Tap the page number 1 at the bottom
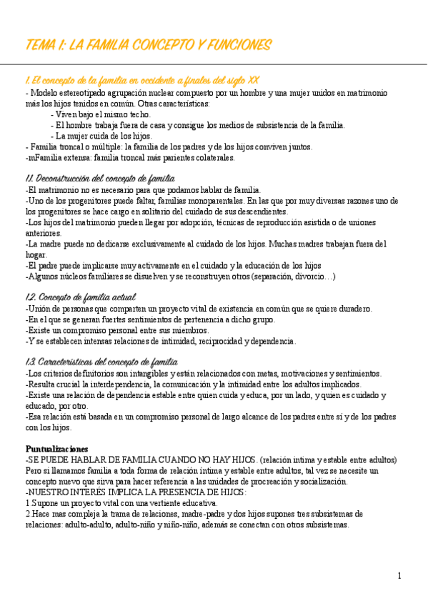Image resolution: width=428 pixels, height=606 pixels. coord(399,575)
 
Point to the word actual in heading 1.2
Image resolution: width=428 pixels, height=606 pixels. coord(122,297)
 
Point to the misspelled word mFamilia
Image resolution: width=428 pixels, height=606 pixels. coord(44,157)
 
